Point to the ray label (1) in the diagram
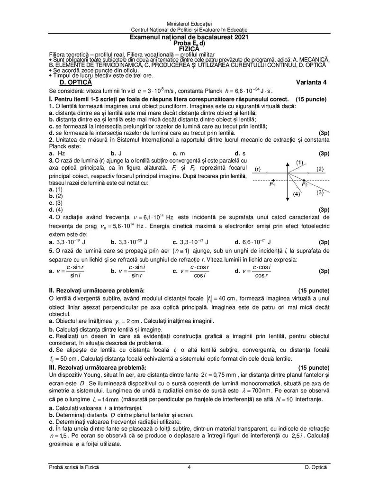pyautogui.click(x=300, y=163)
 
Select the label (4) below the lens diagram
pyautogui.click(x=296, y=194)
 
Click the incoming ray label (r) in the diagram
pyautogui.click(x=258, y=169)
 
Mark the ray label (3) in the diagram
pyautogui.click(x=320, y=192)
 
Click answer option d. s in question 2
pyautogui.click(x=240, y=154)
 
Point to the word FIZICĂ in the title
pyautogui.click(x=189, y=47)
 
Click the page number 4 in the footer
pyautogui.click(x=189, y=468)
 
